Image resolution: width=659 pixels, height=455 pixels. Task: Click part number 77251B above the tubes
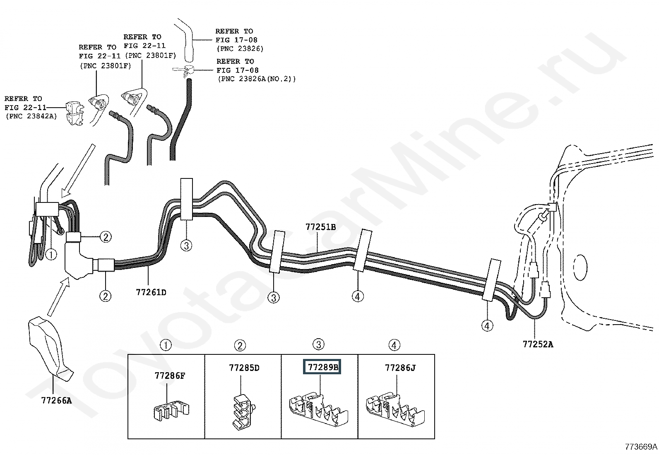320,227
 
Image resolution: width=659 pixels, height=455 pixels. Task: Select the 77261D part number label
151,292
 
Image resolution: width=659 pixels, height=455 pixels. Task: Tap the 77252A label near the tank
538,344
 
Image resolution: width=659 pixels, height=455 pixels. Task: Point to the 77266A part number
56,400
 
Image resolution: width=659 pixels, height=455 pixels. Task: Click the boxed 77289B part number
322,367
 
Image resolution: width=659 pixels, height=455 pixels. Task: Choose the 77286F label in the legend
170,376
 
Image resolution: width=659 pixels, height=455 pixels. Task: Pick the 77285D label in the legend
244,368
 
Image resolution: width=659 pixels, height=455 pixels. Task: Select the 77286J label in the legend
399,368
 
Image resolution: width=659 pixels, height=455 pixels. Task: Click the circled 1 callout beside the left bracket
51,254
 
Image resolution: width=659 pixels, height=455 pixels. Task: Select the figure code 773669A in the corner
641,447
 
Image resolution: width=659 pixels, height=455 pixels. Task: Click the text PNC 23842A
31,117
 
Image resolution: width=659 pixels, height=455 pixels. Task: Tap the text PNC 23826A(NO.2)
257,79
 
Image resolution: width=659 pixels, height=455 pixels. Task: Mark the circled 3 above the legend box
318,344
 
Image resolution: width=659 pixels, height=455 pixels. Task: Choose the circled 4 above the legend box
394,345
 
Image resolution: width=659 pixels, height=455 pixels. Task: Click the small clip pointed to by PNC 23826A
184,71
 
